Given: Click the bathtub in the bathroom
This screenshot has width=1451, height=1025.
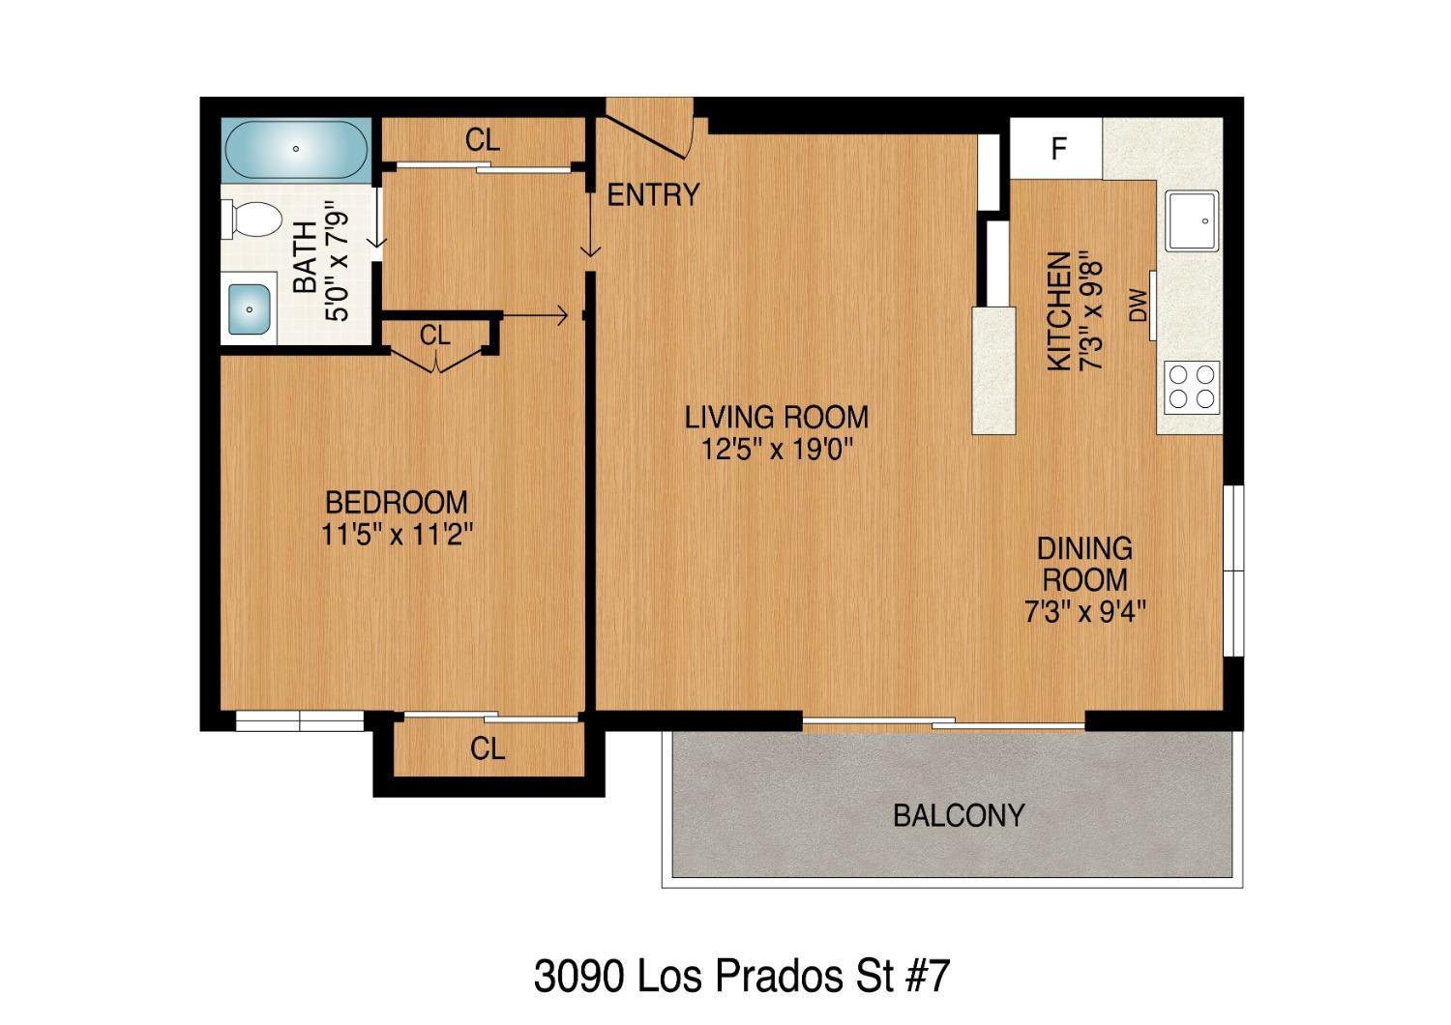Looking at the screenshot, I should point(295,150).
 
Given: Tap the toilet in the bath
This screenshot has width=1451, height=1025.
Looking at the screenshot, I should point(249,220).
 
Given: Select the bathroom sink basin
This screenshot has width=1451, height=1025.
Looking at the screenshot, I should point(250,309).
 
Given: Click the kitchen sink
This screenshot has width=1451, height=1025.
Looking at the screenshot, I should point(1193,220).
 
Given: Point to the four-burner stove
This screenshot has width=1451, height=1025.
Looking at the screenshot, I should point(1191,386).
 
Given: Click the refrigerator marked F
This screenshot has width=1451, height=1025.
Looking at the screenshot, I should point(1057,149).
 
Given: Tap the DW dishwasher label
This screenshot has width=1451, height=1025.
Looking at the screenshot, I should point(1138,307).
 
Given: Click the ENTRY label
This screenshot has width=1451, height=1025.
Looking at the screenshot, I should point(652,195).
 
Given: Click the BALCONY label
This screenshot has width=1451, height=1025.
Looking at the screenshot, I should point(958,816).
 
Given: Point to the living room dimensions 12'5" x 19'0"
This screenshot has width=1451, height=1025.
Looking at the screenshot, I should point(776,450).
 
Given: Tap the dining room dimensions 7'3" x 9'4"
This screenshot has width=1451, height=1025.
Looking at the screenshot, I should point(1084,612).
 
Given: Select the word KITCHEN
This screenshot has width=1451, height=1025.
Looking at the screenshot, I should point(1060,310).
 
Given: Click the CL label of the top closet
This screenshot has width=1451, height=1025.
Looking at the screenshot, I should point(483,141).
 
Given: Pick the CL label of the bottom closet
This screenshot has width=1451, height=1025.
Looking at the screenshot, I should point(488,748).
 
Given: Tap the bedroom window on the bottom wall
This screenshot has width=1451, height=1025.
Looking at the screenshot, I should point(300,720).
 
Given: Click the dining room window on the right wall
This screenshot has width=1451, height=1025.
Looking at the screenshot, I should point(1232,571).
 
